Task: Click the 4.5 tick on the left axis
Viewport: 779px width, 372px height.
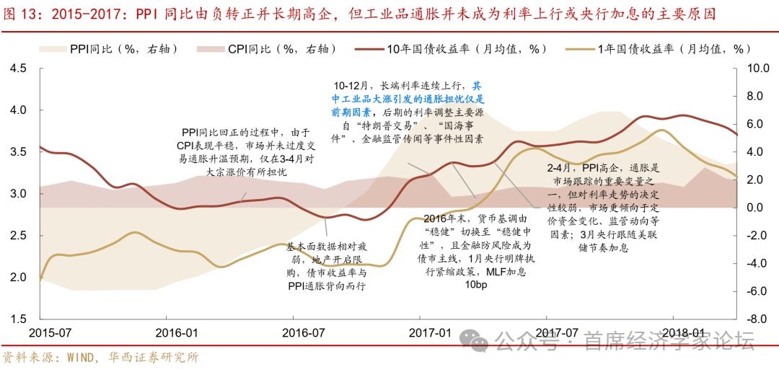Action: click(17, 68)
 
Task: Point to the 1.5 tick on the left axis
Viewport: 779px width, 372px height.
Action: click(17, 319)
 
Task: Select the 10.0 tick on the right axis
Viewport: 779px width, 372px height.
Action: click(757, 68)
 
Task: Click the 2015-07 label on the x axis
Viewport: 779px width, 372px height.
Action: click(50, 333)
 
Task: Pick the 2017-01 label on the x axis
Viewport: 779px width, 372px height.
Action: click(430, 333)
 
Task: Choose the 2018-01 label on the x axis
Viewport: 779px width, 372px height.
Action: click(683, 333)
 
